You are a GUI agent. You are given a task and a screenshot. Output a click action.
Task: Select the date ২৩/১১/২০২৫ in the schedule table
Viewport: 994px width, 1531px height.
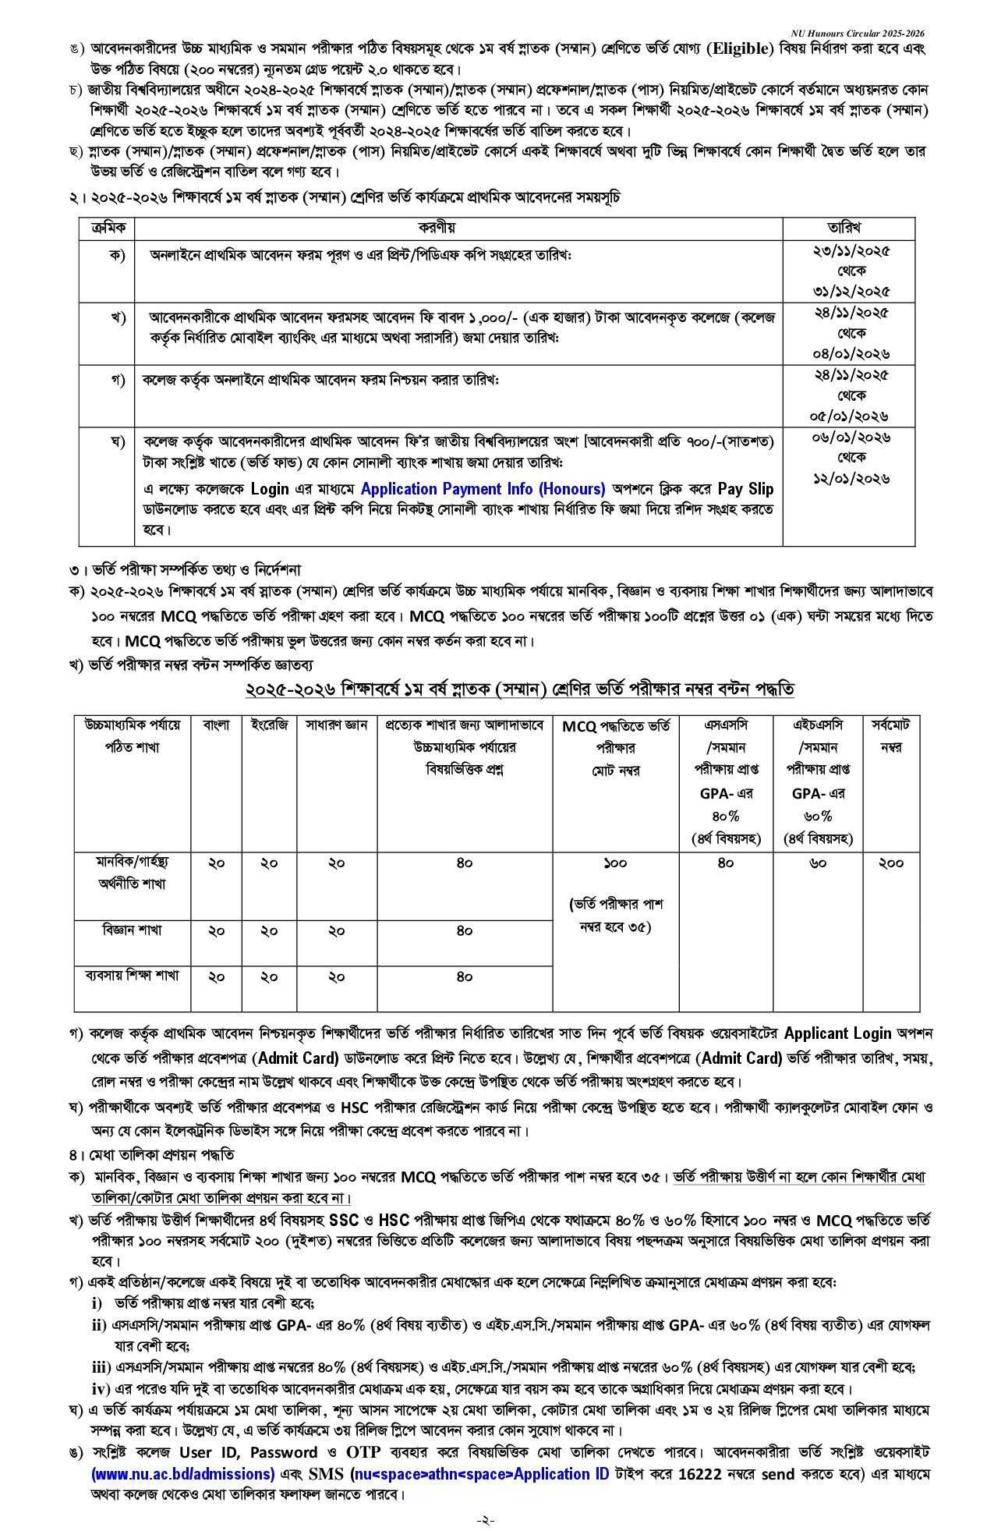tap(849, 251)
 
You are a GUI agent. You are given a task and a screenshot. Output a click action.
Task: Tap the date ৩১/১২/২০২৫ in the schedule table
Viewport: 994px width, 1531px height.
tap(849, 291)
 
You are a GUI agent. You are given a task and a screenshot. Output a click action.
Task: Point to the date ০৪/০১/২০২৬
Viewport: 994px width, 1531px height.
tap(849, 353)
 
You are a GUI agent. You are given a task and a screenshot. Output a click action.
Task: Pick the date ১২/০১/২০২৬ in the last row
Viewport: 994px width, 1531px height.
tap(849, 478)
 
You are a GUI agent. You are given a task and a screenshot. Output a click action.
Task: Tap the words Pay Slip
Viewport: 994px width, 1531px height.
tap(745, 489)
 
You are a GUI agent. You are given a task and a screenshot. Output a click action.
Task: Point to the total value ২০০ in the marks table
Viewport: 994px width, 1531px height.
tap(890, 863)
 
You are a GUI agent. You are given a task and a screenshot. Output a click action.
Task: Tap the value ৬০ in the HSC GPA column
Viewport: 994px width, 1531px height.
tap(818, 863)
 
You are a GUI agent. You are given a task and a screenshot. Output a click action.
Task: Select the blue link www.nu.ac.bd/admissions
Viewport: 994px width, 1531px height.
tap(182, 1474)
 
